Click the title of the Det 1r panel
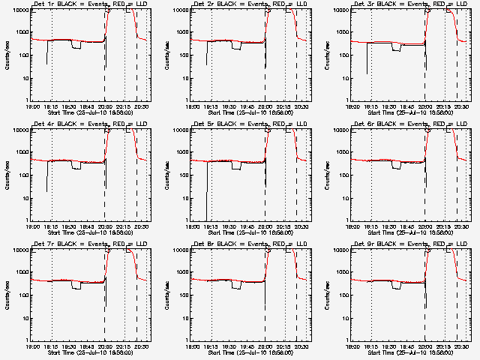pos(91,4)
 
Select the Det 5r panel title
pos(250,124)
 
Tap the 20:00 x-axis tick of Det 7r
pos(104,347)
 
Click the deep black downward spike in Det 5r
pos(207,195)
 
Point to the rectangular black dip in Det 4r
pos(76,166)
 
